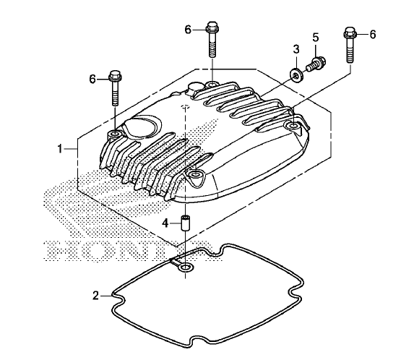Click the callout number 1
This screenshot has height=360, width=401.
pos(60,148)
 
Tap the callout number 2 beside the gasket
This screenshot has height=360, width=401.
pos(95,296)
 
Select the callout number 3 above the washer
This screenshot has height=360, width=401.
pos(296,49)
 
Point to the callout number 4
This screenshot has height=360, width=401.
pos(165,223)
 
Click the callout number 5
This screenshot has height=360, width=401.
pos(316,38)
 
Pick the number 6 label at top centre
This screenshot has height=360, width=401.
pos(188,30)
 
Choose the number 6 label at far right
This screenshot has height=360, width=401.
pos(373,34)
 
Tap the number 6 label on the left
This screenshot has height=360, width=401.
pos(92,79)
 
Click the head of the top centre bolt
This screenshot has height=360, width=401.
pos(212,27)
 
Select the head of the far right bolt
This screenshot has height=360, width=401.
pos(350,32)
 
